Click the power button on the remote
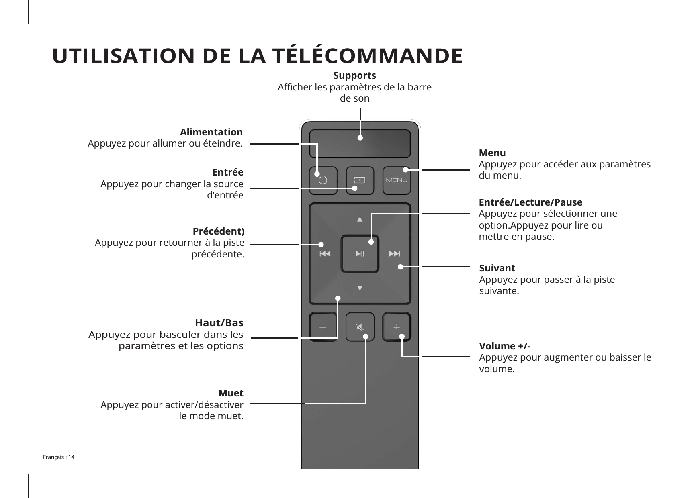click(x=323, y=180)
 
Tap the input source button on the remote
click(x=360, y=180)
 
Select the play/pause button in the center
click(x=360, y=253)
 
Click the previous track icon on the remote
click(x=325, y=253)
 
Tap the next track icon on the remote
click(x=395, y=253)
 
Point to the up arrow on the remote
click(x=360, y=219)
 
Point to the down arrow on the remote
click(x=360, y=288)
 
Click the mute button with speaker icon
click(x=360, y=327)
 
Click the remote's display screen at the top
click(x=360, y=143)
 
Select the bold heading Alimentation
click(x=211, y=132)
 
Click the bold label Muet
click(x=231, y=392)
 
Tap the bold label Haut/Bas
click(x=219, y=322)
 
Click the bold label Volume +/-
click(x=505, y=346)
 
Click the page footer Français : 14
click(x=59, y=457)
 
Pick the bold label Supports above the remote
click(x=355, y=76)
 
